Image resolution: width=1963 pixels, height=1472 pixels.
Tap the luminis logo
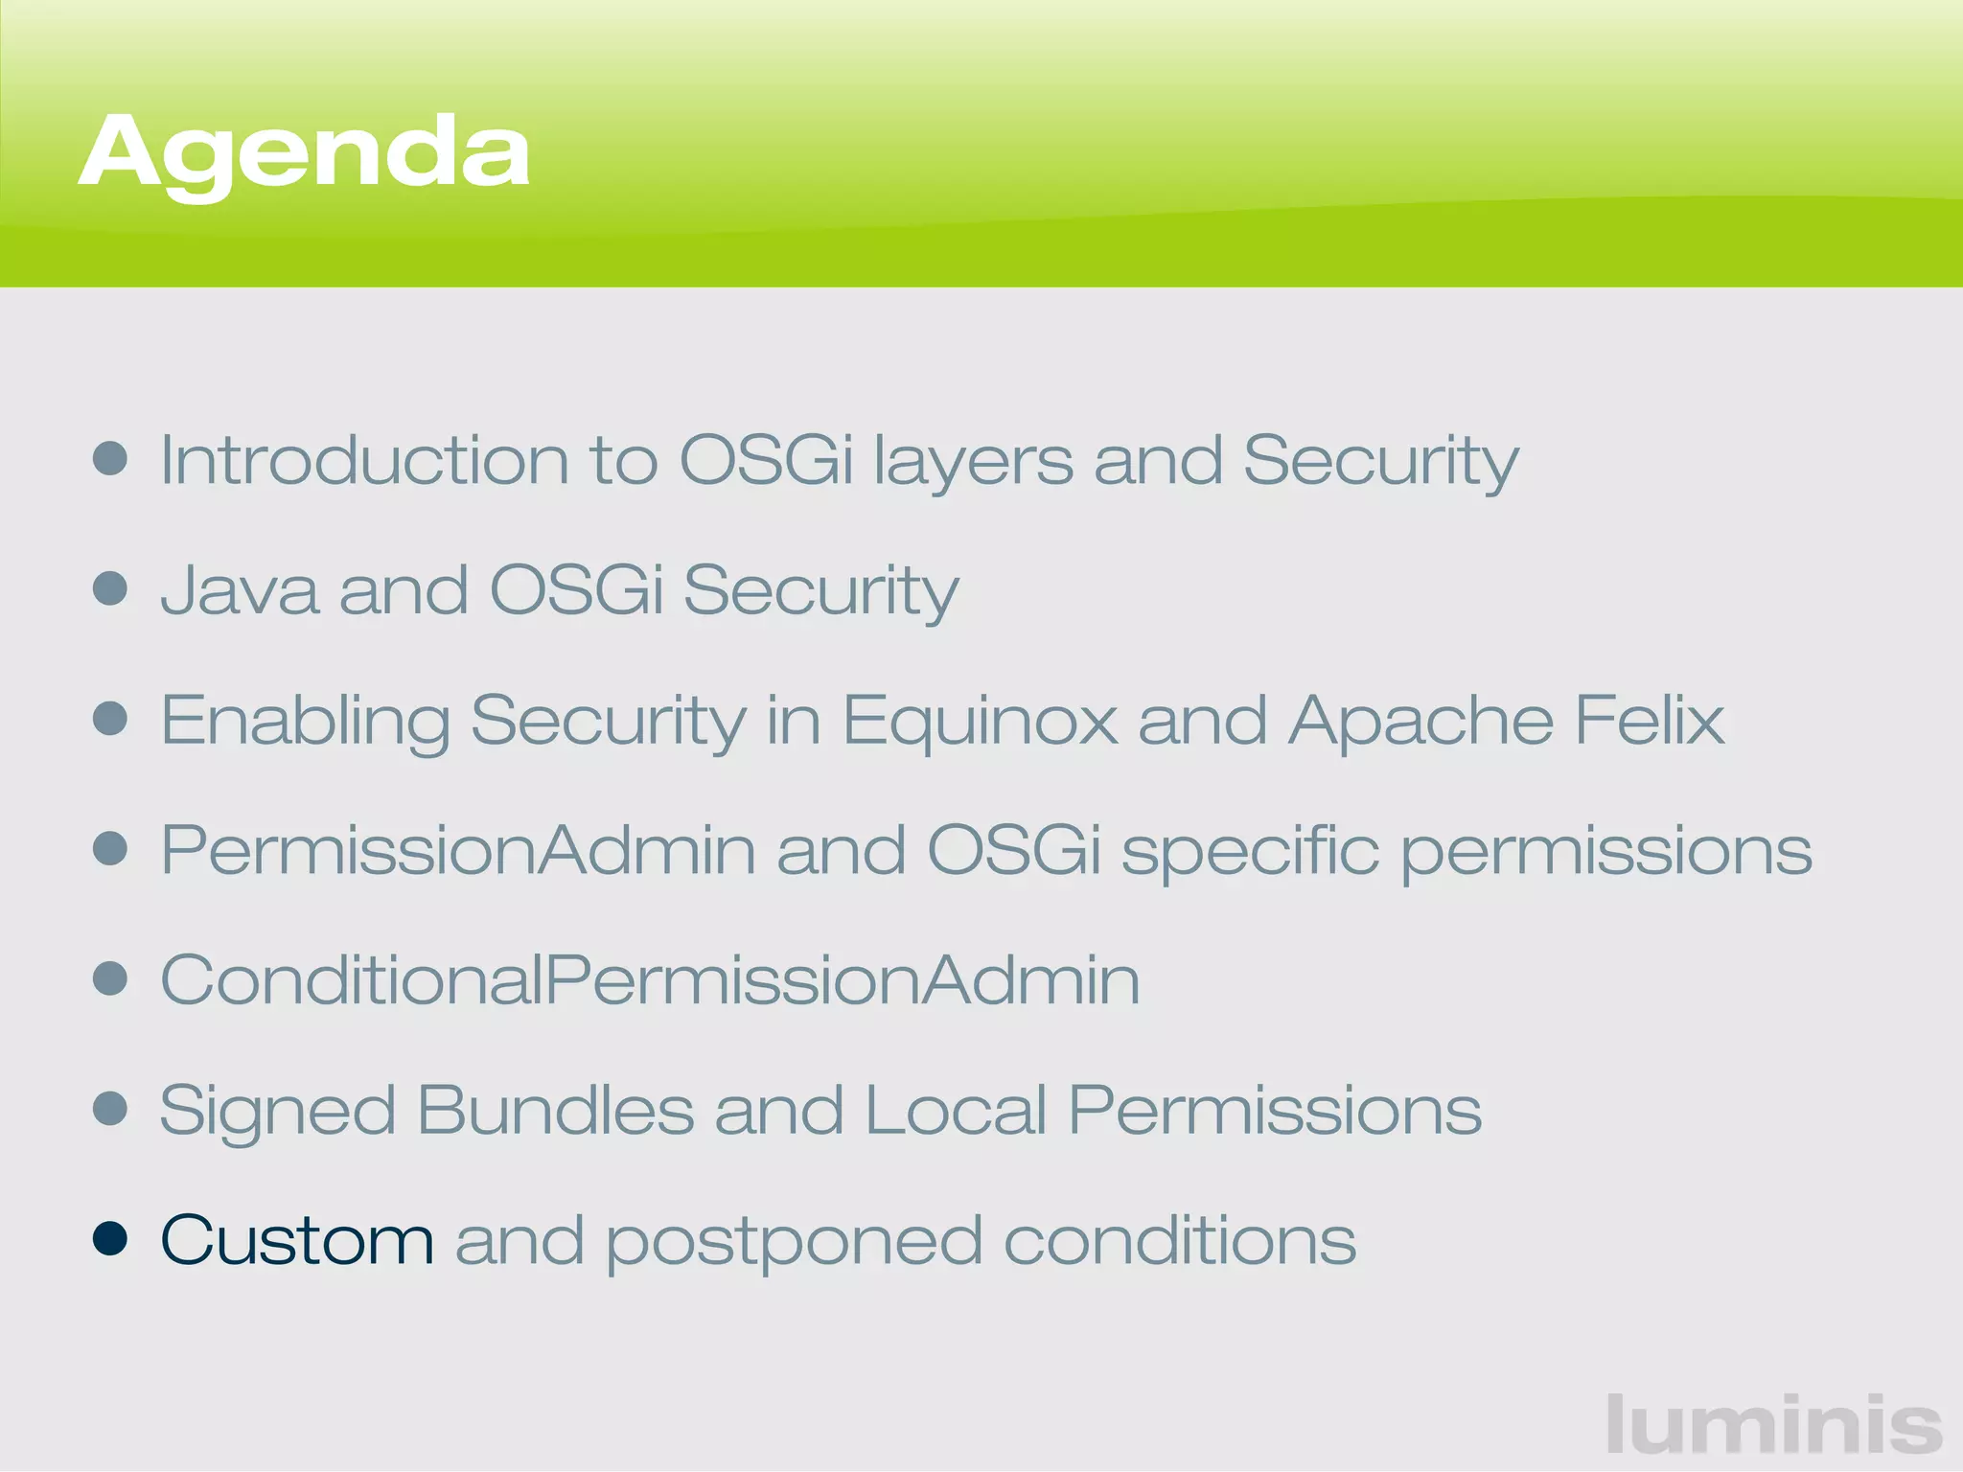click(x=1773, y=1425)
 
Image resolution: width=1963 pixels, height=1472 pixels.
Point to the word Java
click(x=239, y=589)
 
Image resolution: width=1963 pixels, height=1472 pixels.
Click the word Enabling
click(x=305, y=722)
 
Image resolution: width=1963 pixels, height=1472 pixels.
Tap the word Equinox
click(x=980, y=722)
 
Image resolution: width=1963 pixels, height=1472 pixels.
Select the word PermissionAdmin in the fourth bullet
click(x=458, y=850)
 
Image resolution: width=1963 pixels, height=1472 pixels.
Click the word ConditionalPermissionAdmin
click(x=650, y=980)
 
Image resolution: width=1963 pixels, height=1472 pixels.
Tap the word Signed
click(x=277, y=1112)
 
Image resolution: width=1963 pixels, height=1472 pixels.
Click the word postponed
click(x=795, y=1243)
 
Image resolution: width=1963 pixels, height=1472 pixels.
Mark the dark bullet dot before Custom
click(x=110, y=1238)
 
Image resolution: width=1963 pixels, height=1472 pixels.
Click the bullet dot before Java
click(x=110, y=588)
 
